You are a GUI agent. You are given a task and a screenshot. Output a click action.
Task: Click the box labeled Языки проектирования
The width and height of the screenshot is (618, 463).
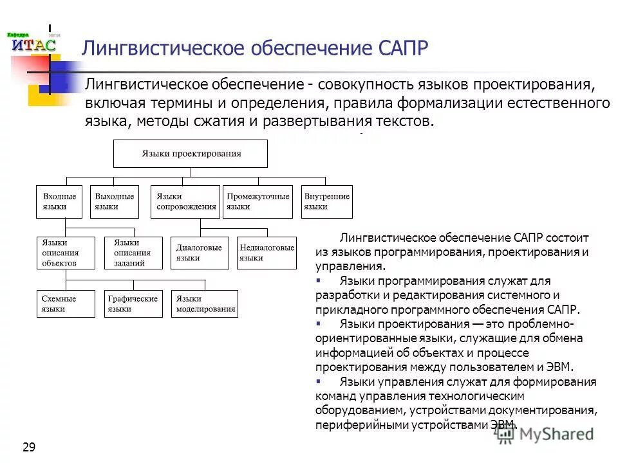[x=191, y=153]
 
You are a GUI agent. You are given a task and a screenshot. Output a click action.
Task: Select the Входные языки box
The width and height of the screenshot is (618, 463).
[x=60, y=201]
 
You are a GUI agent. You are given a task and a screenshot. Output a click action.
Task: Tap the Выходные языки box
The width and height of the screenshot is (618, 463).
[x=115, y=201]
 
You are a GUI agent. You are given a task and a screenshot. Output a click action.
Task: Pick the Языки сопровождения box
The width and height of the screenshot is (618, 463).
[x=185, y=201]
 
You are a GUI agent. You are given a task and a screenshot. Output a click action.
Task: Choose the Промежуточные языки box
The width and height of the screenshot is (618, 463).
[x=257, y=201]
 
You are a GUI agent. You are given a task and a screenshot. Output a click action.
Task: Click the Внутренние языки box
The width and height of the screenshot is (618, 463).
[x=327, y=201]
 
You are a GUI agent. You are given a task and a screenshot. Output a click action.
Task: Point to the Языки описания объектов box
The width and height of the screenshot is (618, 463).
[x=66, y=253]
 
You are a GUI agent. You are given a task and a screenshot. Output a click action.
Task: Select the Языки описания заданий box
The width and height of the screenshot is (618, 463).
[x=132, y=253]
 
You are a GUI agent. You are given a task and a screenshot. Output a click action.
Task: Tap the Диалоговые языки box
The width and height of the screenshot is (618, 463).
[x=200, y=253]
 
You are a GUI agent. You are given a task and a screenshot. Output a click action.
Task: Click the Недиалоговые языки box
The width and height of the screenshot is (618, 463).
[x=267, y=253]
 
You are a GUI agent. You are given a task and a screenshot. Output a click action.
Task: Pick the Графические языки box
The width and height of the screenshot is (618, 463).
[x=133, y=304]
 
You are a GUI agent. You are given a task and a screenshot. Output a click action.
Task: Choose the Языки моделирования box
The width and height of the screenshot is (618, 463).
[x=205, y=304]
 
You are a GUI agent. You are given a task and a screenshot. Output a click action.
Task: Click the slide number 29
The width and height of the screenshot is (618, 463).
[x=29, y=448]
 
